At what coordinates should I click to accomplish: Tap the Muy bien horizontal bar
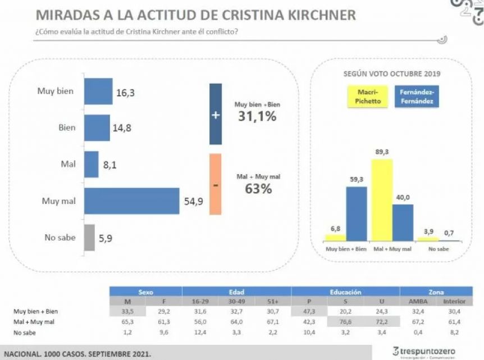coord(98,92)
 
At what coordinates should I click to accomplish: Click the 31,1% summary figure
coord(257,116)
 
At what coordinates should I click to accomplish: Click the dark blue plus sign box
coord(215,115)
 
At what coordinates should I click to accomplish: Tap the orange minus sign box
coord(215,184)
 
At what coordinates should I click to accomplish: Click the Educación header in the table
coord(345,292)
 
